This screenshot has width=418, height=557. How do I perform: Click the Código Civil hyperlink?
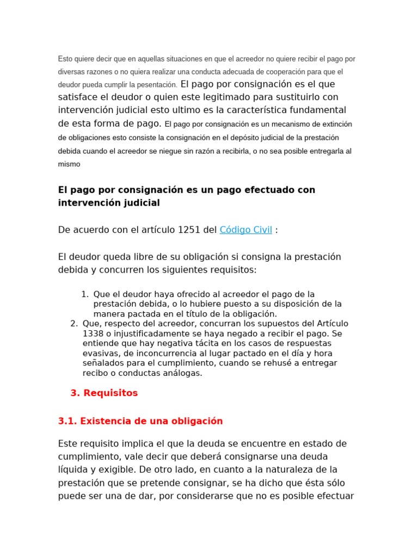tap(245, 230)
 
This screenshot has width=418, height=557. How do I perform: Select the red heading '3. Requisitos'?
tap(104, 393)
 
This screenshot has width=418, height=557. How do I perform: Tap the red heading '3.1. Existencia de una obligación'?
tap(140, 421)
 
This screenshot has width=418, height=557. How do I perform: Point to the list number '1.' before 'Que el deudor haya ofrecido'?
tap(85, 294)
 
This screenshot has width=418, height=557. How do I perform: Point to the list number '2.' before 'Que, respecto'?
tap(74, 324)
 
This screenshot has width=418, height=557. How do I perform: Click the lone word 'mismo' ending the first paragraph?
tap(69, 164)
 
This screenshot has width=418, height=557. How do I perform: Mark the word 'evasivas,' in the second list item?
tap(101, 353)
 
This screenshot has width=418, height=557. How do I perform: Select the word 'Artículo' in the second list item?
tap(324, 324)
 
